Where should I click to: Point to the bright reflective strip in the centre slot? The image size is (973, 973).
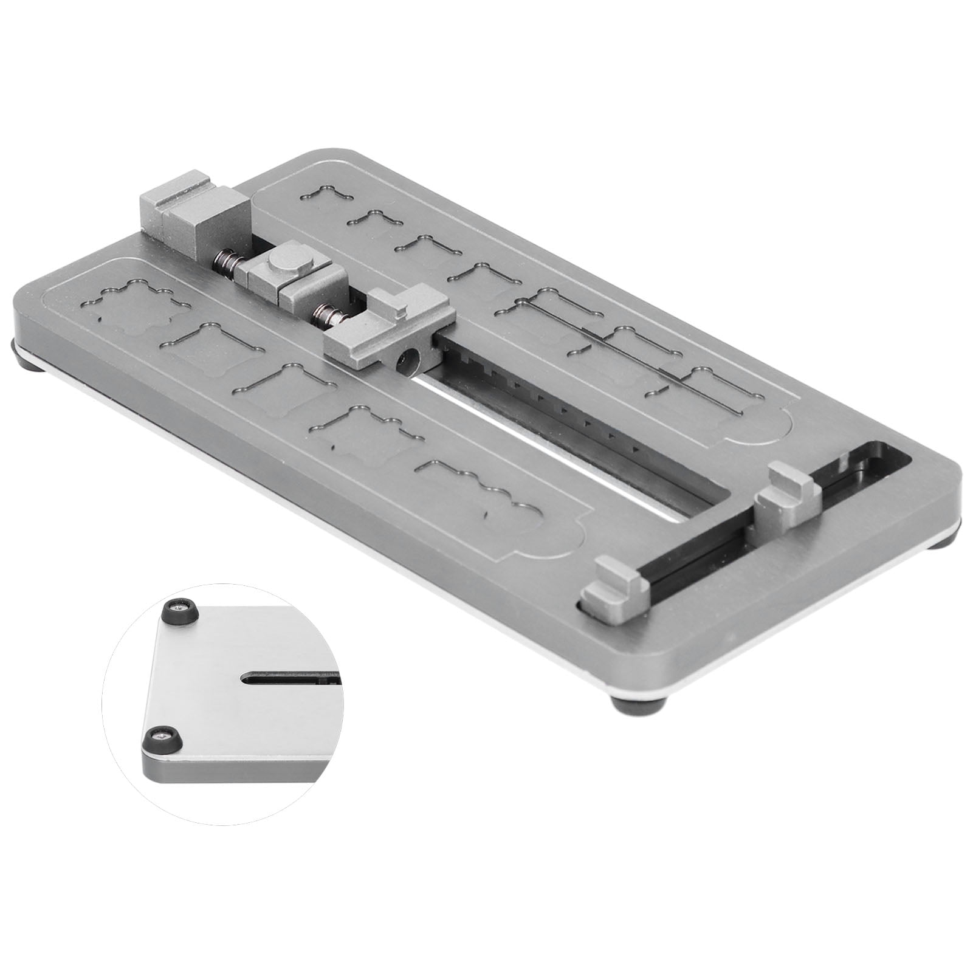[547, 456]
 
